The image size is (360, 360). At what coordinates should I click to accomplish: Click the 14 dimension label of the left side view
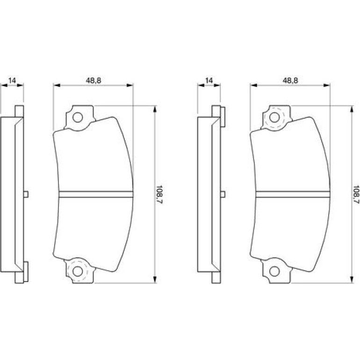12,80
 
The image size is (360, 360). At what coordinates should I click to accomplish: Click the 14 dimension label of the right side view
209,80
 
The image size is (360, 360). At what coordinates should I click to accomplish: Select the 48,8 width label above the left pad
94,80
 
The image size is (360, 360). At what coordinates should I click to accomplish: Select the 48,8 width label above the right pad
290,80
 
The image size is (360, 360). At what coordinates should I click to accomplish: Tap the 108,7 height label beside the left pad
159,194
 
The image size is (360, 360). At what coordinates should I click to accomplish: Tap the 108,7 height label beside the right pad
356,194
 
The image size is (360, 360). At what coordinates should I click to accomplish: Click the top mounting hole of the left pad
78,117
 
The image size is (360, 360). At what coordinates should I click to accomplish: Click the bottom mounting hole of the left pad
78,271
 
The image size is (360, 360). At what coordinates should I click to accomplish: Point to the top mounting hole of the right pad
274,117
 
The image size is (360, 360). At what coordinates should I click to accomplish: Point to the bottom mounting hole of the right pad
274,271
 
